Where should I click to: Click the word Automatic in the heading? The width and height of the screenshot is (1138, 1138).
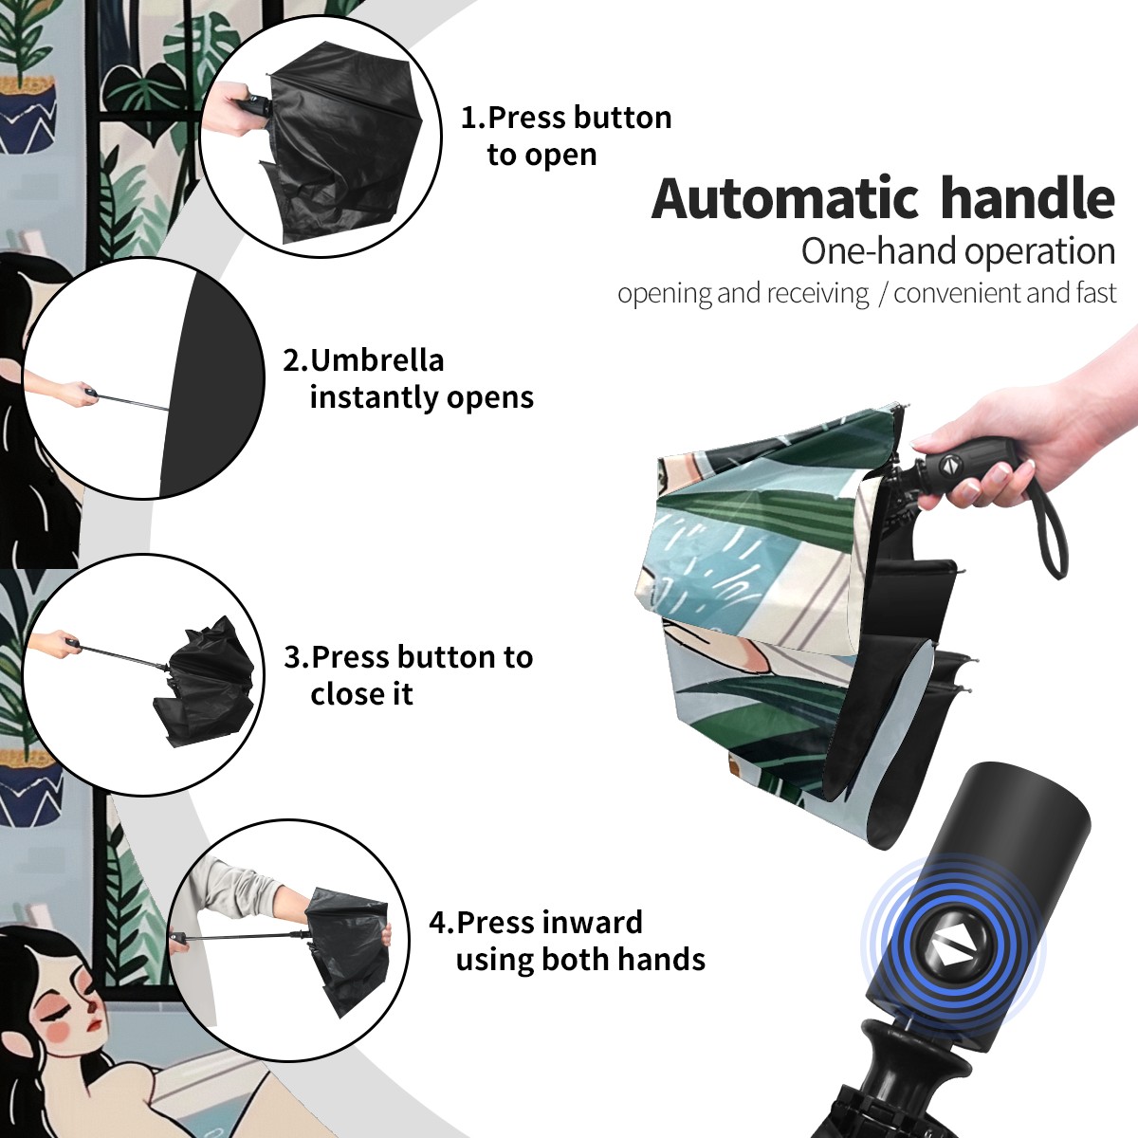click(x=785, y=198)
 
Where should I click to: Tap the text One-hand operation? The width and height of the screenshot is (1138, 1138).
click(x=958, y=251)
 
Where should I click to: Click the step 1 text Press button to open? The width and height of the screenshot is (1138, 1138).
click(x=566, y=136)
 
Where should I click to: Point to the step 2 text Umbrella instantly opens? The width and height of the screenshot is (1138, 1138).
click(x=408, y=378)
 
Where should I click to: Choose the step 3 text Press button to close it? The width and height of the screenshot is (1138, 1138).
click(x=408, y=675)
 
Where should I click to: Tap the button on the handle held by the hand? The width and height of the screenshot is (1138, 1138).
click(x=948, y=465)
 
